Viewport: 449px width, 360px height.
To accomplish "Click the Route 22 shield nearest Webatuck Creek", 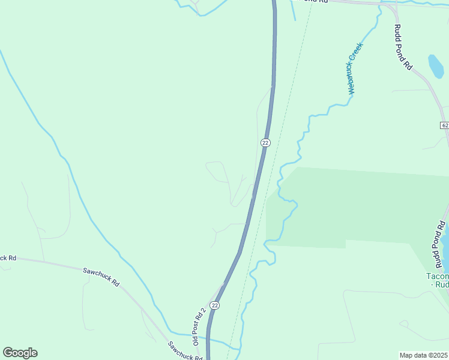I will (x=265, y=142).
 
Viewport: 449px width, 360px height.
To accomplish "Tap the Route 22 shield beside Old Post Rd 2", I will (x=215, y=305).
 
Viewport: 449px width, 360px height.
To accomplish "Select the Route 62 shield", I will (x=444, y=125).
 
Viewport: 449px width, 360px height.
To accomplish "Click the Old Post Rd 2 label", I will (x=199, y=326).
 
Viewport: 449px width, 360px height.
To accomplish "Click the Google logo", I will (x=20, y=353).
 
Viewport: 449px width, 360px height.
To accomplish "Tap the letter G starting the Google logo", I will (x=8, y=353).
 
